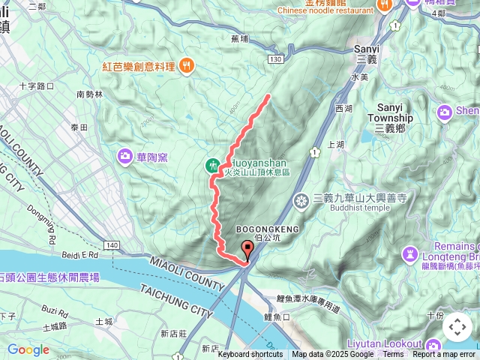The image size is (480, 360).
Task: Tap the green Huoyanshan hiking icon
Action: point(213,164)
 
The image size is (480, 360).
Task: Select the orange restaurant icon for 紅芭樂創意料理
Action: point(186,66)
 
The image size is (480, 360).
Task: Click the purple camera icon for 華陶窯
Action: point(124,156)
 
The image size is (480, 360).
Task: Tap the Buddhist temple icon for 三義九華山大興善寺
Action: point(301,200)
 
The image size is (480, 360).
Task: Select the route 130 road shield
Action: point(277,58)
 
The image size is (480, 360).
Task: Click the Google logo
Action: point(28,349)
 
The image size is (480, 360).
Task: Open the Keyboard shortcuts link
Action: point(250,355)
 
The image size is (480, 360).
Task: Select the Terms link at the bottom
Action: point(393,355)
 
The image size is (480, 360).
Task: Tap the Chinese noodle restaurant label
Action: point(325,10)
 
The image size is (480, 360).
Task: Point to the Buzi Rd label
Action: point(55,309)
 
